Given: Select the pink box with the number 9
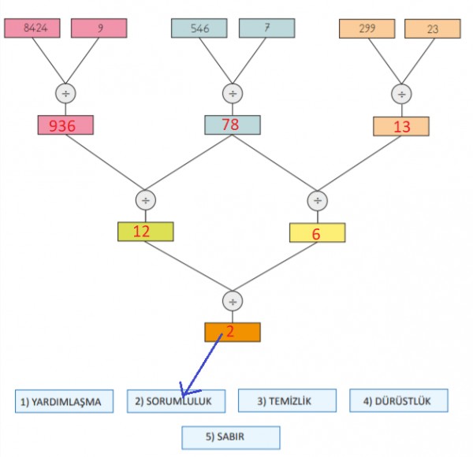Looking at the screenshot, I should coord(99,28).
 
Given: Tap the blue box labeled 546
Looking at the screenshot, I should coord(199,28).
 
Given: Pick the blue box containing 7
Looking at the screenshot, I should coord(266,28).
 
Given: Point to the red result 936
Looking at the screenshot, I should coord(65,125).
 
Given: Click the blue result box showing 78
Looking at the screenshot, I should coord(232,124).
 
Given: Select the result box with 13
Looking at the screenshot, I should coord(401,126).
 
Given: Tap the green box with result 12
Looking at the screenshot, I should coord(145,232).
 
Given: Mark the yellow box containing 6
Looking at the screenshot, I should coord(317,232).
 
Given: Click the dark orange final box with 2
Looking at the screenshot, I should coord(232,332).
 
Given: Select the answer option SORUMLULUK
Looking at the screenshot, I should coord(176,401).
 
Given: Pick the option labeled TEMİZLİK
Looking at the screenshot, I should coord(287,401).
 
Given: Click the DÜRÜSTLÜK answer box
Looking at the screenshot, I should coord(399,401).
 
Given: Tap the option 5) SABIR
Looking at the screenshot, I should coord(231,437).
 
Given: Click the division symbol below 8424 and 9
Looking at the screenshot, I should coord(65,93).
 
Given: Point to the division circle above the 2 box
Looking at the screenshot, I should coord(232,301).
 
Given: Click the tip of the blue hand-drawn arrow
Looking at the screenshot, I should coord(182,394).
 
